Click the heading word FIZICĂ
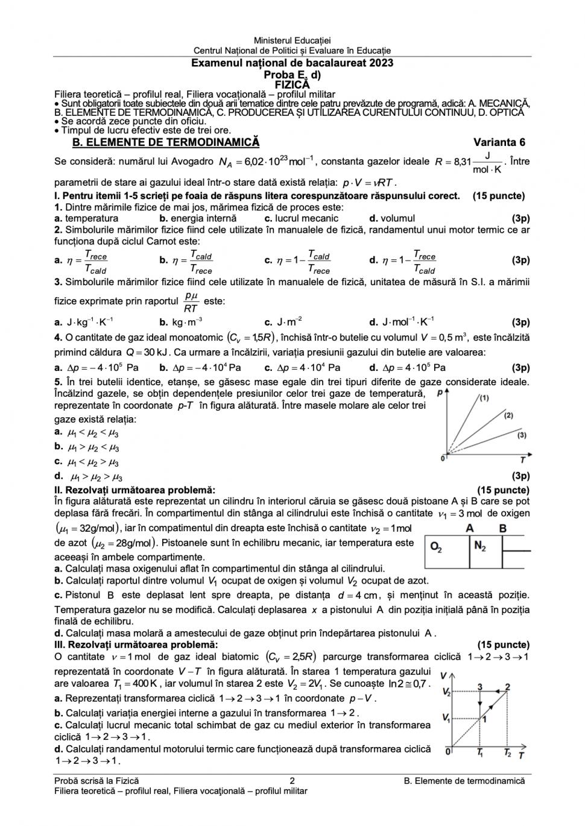292,85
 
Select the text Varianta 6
499,142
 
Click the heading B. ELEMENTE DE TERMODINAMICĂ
166,142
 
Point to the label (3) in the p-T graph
522,435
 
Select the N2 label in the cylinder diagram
480,547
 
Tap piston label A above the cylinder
470,528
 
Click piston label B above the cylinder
503,528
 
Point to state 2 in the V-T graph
508,687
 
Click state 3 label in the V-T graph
480,687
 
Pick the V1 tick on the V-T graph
446,717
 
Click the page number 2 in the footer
292,781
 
